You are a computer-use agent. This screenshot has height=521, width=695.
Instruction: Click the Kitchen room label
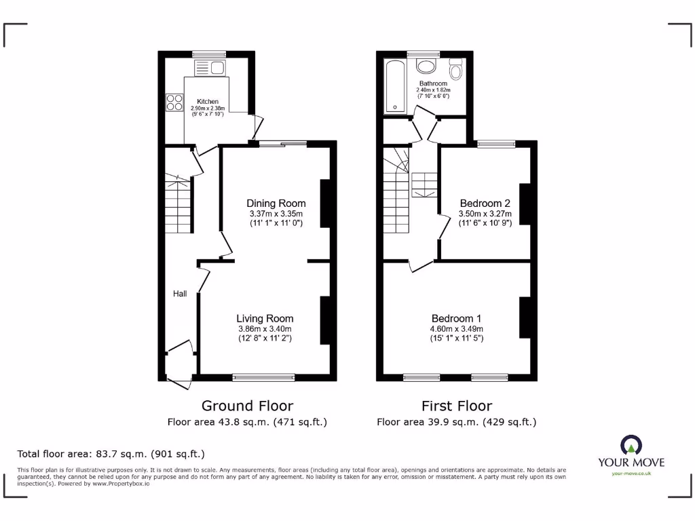(208, 101)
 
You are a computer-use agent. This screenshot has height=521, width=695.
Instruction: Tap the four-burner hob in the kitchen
(174, 102)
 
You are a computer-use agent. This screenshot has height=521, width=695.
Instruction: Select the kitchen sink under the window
(210, 67)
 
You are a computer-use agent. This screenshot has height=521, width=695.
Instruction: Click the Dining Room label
(276, 204)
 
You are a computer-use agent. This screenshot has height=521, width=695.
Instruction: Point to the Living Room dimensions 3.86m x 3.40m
(265, 329)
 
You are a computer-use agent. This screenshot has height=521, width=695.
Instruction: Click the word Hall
(180, 294)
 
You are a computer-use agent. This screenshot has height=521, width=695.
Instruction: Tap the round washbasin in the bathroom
(427, 66)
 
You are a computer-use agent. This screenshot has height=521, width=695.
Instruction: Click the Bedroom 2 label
(485, 204)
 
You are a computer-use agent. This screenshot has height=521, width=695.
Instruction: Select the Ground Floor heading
(247, 406)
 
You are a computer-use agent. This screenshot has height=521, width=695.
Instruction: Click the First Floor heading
(456, 406)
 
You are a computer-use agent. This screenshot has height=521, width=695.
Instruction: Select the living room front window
(263, 377)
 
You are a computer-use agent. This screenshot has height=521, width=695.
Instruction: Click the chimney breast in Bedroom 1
(525, 317)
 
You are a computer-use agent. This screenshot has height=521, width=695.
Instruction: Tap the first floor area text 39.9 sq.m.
(456, 422)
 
